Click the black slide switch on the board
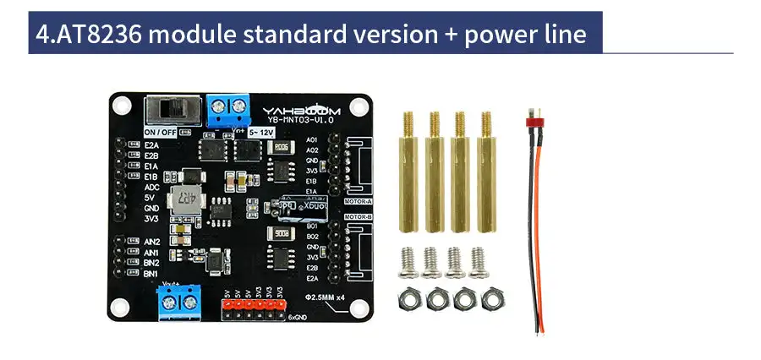click(172, 111)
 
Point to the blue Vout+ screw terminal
click(180, 301)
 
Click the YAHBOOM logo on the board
click(293, 109)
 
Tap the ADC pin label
click(152, 188)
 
